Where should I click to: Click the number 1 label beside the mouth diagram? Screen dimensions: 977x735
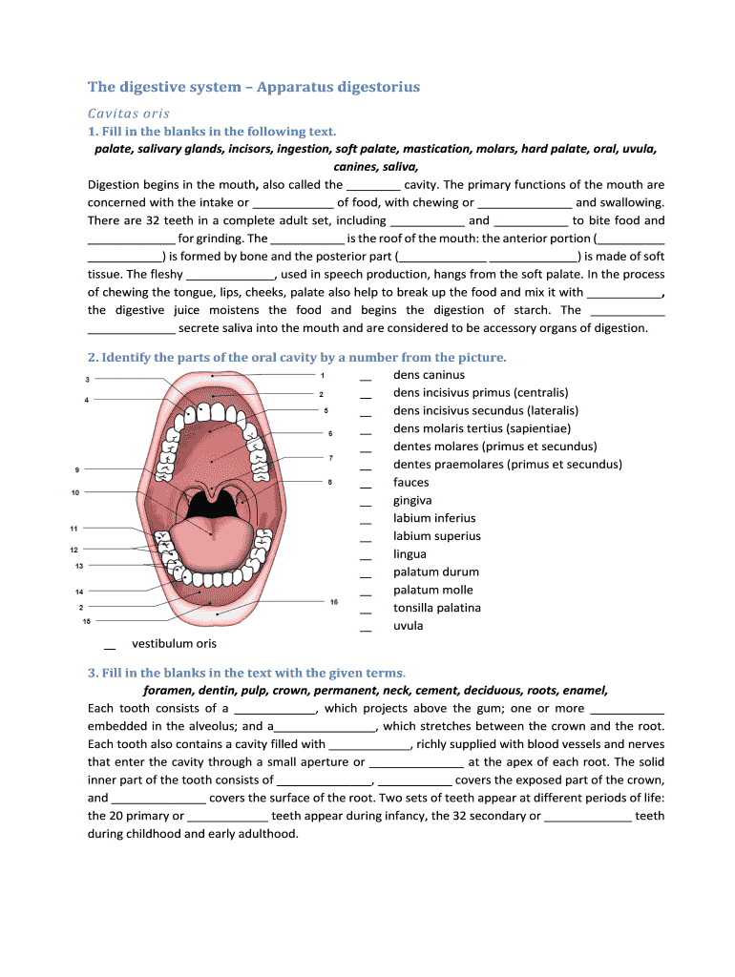322,375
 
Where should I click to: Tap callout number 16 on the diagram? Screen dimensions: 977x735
333,602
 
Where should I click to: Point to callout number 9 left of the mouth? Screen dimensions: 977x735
77,469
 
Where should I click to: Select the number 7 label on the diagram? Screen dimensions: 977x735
330,458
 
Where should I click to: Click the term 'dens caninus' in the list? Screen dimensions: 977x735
429,375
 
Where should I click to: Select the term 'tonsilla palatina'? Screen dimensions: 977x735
437,608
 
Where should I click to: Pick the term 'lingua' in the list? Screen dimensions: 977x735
409,554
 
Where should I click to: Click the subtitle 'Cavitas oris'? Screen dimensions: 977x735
129,114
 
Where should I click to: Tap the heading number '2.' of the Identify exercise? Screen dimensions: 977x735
93,357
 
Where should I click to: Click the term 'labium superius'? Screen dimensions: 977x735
437,536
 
